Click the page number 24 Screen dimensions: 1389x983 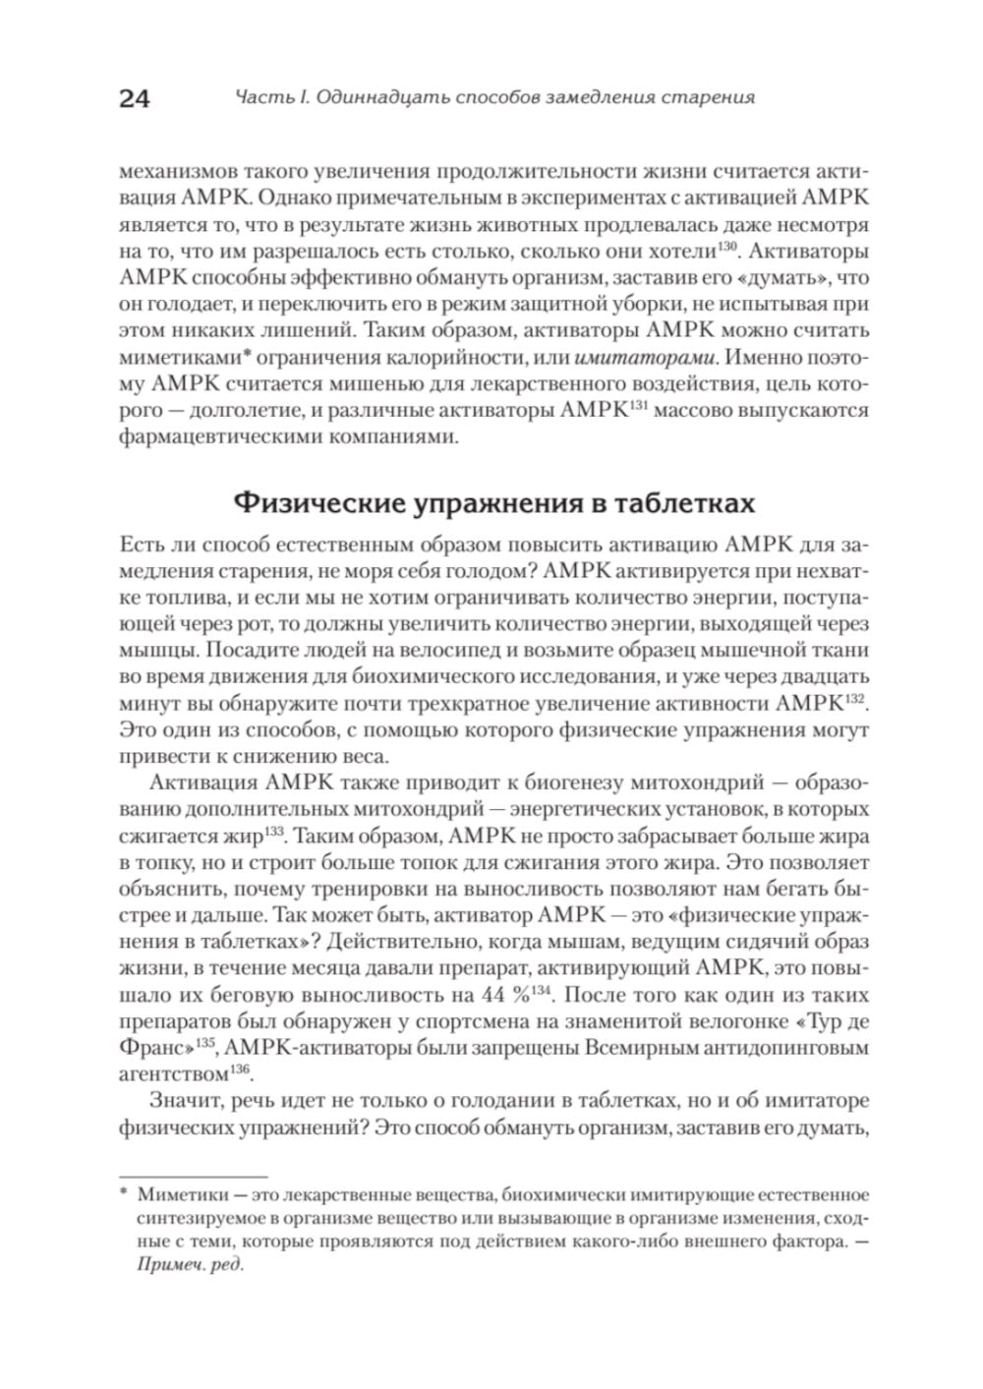134,98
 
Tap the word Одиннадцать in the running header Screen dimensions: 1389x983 382,97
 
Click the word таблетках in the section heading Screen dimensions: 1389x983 684,503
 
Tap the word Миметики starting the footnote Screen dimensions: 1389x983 178,1196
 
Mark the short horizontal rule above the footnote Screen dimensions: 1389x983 193,1176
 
